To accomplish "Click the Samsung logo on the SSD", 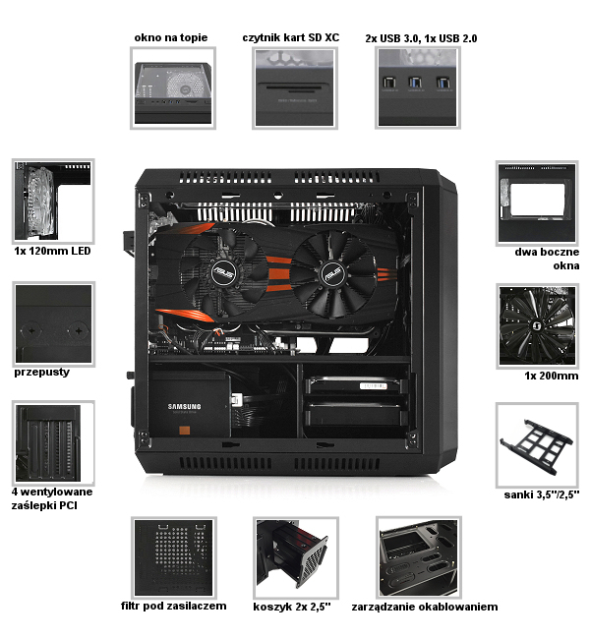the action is point(184,406).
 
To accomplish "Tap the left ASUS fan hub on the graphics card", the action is point(223,272).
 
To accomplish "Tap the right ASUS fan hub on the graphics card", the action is point(332,273).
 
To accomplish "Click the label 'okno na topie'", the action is point(171,37).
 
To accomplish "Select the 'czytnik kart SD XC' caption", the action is point(291,37).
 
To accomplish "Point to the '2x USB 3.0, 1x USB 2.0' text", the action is point(421,38).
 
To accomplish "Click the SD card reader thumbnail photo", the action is point(295,88).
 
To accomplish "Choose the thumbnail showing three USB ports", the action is point(418,87).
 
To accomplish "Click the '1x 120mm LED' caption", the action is point(52,251).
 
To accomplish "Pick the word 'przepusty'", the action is point(41,372).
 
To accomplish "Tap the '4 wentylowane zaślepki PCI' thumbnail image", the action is point(53,443).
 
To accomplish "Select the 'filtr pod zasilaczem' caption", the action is point(174,606).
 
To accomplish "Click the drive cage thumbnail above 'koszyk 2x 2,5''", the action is point(296,558).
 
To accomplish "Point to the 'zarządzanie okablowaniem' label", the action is point(425,607).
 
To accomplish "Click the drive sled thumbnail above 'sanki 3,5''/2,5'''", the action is point(537,445).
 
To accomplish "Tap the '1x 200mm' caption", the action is point(552,376).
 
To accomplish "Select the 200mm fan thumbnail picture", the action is point(537,325).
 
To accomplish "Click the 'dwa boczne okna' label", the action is point(547,259).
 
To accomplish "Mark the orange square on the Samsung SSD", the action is point(184,430).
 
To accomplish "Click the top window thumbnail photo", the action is point(173,88).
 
